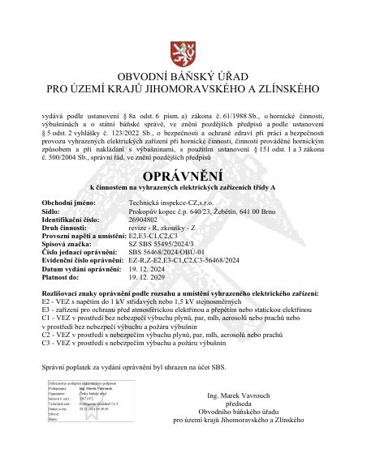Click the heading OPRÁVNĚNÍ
point(182,176)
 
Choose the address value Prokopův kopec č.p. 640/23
point(172,211)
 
